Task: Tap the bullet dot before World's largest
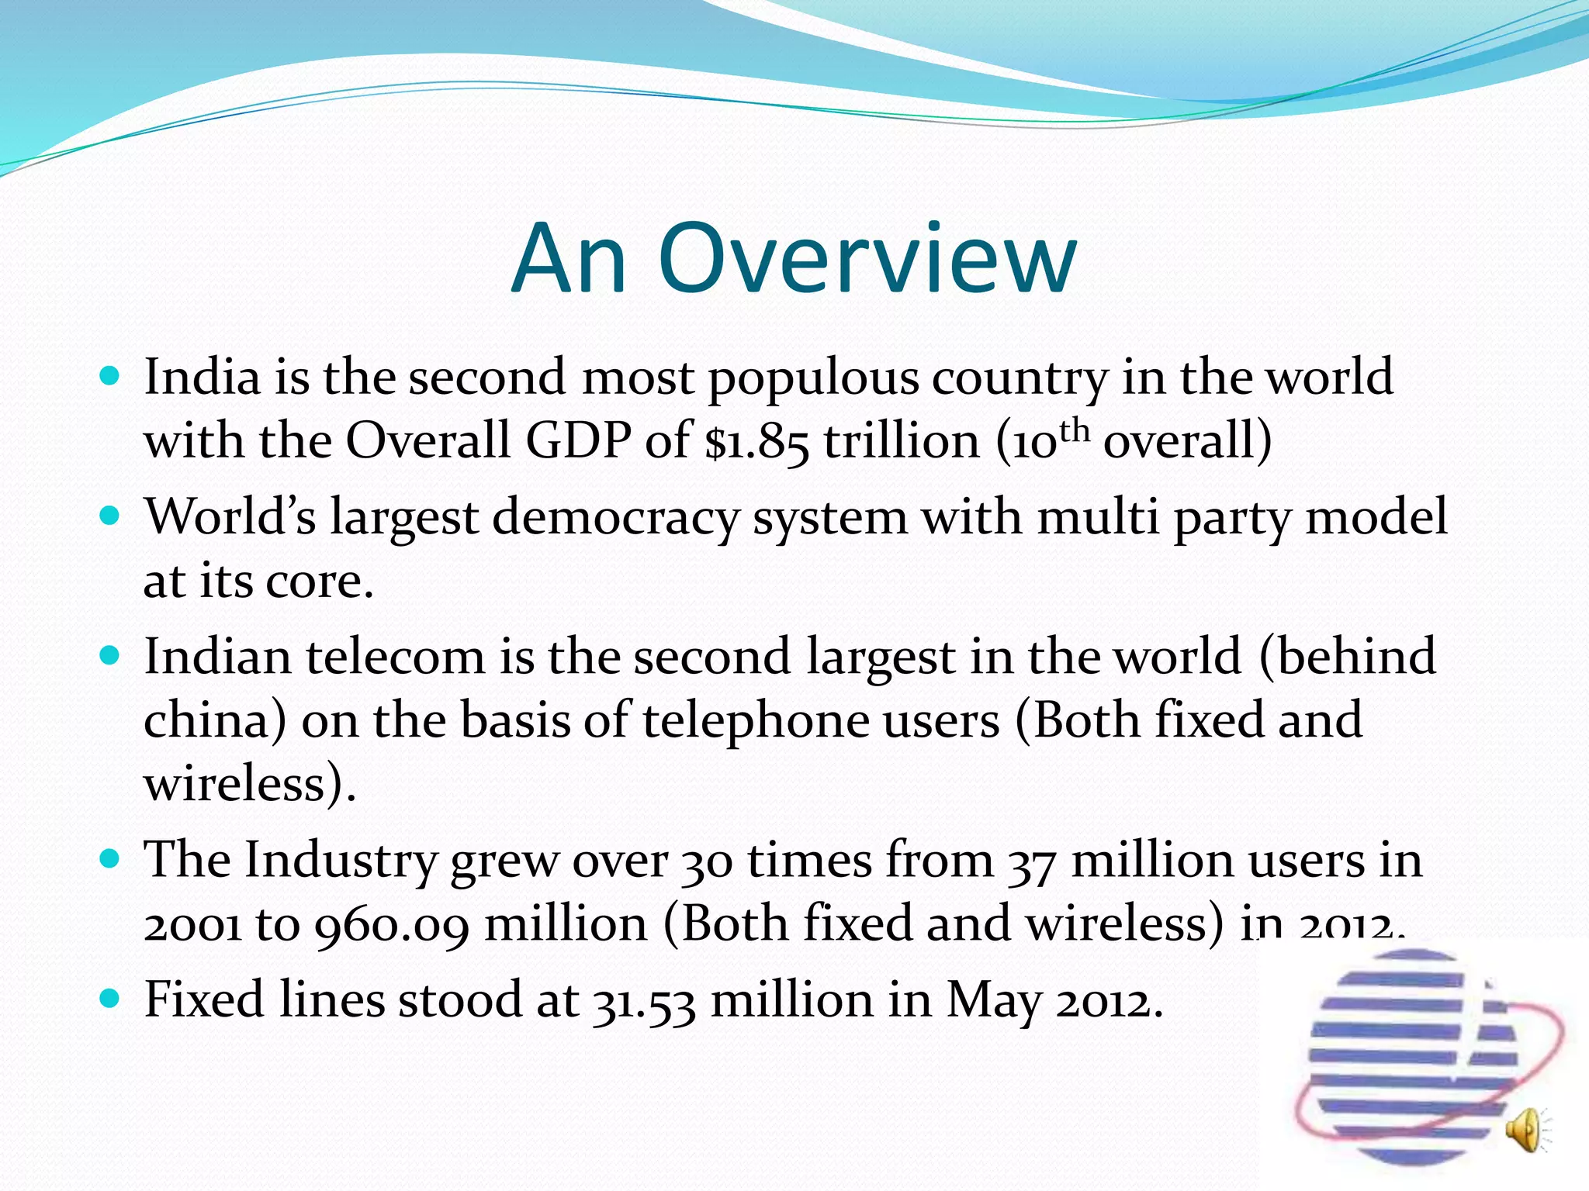pyautogui.click(x=110, y=516)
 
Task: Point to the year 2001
pyautogui.click(x=192, y=925)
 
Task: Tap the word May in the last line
pyautogui.click(x=993, y=1001)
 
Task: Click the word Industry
pyautogui.click(x=341, y=861)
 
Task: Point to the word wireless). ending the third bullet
pyautogui.click(x=250, y=783)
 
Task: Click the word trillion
pyautogui.click(x=902, y=440)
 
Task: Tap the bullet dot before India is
pyautogui.click(x=110, y=377)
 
